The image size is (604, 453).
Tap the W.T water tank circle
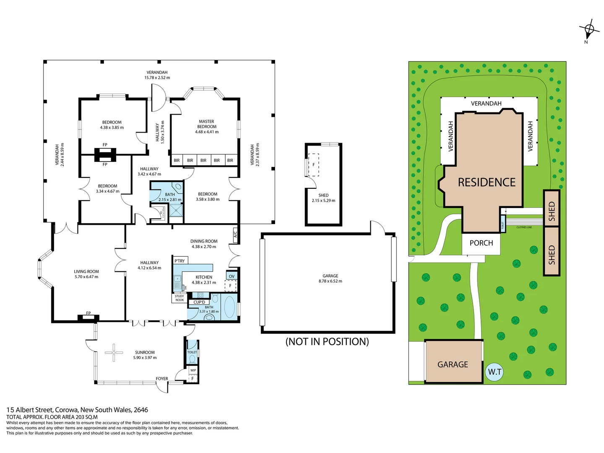click(x=495, y=372)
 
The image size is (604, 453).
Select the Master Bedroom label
click(x=206, y=124)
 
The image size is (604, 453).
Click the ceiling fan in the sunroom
click(x=114, y=352)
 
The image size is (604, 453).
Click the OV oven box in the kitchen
click(x=232, y=276)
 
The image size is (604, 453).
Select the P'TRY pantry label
click(x=180, y=261)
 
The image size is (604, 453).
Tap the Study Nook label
click(x=180, y=298)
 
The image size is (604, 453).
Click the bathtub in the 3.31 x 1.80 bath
click(x=229, y=307)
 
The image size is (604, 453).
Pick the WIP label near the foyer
click(x=193, y=370)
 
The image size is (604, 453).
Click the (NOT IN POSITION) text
click(x=327, y=341)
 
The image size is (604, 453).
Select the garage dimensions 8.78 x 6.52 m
click(x=330, y=281)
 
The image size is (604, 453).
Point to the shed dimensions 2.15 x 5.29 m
click(x=323, y=200)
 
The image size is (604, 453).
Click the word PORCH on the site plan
click(x=481, y=243)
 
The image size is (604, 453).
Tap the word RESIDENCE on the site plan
click(x=487, y=182)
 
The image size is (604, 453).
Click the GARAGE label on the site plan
click(x=453, y=364)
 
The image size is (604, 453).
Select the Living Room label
click(x=86, y=271)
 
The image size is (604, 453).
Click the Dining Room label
click(x=204, y=241)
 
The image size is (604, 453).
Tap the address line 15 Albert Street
click(x=77, y=410)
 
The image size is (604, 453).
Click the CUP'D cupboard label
click(x=199, y=302)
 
